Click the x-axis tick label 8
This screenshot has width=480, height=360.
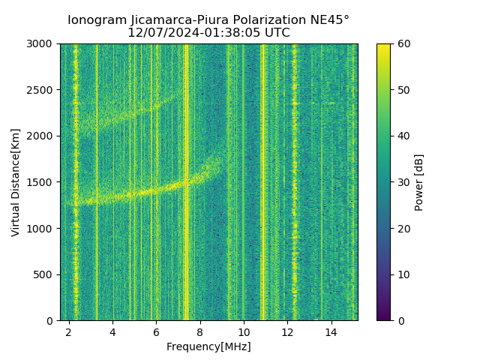[200, 331]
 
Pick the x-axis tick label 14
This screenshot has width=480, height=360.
[331, 331]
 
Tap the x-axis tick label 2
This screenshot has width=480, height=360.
[69, 331]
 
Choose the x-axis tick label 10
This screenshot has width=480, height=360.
[244, 331]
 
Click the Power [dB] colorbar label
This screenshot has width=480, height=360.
[419, 182]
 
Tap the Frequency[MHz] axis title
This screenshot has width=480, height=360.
[208, 346]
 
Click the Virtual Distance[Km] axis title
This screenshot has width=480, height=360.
[16, 182]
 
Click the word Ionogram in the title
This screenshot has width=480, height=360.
[95, 20]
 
